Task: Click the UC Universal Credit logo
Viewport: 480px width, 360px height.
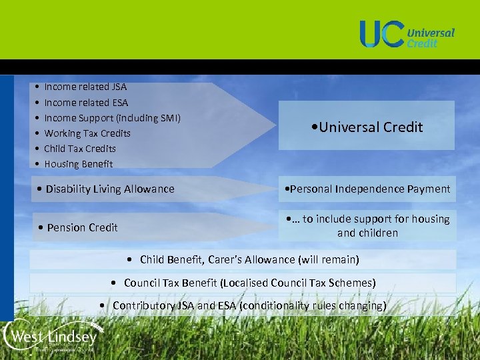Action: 407,34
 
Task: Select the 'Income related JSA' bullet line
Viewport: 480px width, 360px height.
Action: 85,87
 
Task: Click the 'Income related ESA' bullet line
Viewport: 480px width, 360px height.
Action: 86,103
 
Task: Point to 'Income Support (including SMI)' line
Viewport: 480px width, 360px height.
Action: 112,118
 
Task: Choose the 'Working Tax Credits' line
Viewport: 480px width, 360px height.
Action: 87,133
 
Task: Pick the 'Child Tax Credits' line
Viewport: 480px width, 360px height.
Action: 80,149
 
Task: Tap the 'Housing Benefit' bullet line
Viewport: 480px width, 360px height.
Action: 79,164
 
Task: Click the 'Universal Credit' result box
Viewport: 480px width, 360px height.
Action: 367,127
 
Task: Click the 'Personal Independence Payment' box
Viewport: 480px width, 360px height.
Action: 367,189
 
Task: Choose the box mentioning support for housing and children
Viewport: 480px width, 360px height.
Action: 367,227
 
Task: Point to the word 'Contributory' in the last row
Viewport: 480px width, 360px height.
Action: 143,305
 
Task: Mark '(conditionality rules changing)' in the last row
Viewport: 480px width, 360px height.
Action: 313,305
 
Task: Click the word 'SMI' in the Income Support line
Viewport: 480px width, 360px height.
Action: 168,118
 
